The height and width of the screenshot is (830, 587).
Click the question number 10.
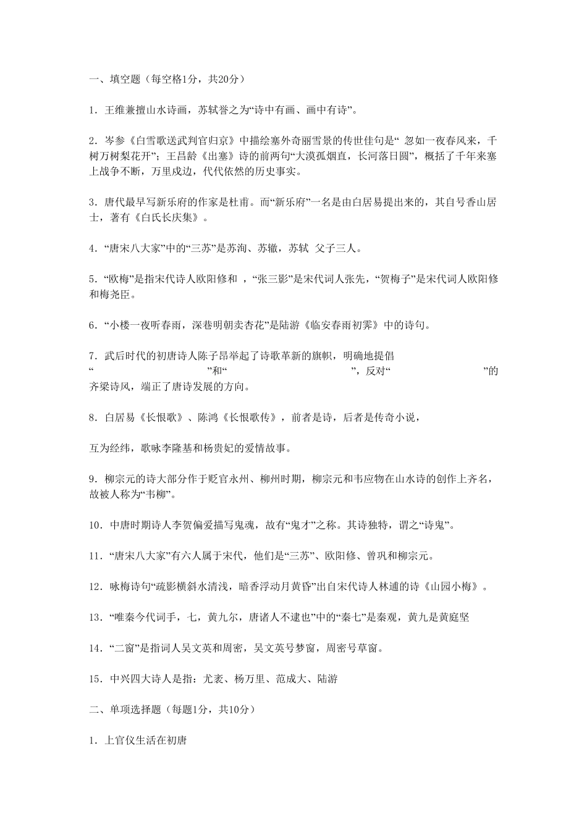(x=95, y=526)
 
